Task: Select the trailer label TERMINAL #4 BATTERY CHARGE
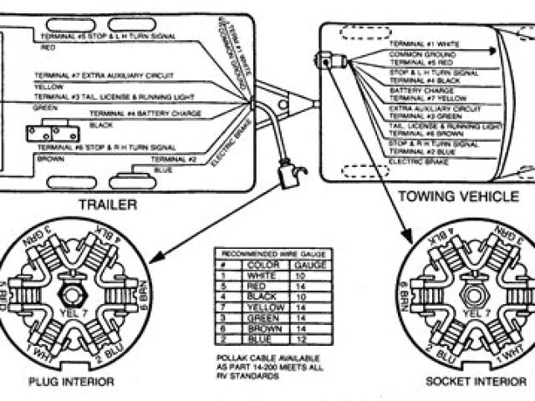pyautogui.click(x=136, y=113)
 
